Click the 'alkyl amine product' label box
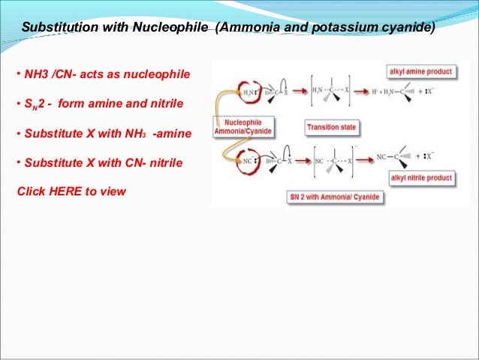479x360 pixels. click(x=420, y=71)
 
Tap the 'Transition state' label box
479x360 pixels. click(x=331, y=128)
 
